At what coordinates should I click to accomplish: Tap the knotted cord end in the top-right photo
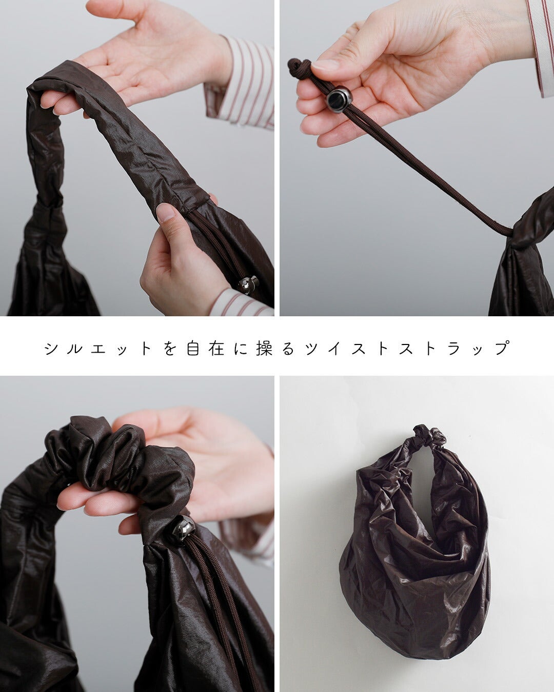click(x=298, y=67)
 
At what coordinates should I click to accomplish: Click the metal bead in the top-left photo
click(x=248, y=284)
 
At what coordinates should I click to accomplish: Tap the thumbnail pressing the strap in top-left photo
click(x=165, y=212)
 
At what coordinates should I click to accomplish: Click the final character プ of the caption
click(x=502, y=348)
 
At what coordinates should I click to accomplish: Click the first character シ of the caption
click(x=51, y=349)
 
